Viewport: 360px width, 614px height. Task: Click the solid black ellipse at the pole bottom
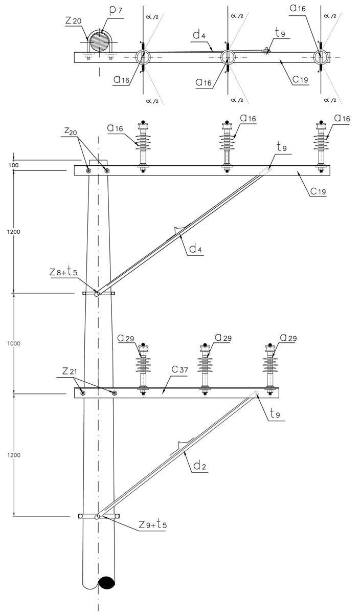pos(107,582)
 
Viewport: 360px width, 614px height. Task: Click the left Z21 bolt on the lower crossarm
pos(82,392)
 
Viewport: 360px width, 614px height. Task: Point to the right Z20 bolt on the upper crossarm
pos(106,170)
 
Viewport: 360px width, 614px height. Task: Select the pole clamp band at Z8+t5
pos(99,294)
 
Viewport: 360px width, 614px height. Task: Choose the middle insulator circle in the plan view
pos(228,57)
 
